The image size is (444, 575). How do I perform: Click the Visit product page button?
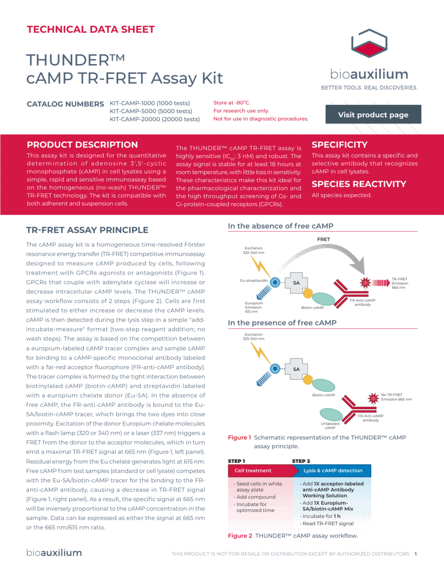click(x=373, y=115)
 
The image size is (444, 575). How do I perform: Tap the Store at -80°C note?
click(x=232, y=103)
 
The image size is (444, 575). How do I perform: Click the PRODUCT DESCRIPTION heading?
click(x=82, y=145)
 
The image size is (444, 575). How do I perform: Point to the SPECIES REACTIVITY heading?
click(x=359, y=184)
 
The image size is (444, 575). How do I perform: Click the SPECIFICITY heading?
click(x=340, y=145)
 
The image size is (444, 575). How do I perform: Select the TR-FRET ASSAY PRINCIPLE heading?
click(x=87, y=230)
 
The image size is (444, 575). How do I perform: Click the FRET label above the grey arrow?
click(x=323, y=239)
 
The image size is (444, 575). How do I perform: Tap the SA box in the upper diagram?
click(x=296, y=283)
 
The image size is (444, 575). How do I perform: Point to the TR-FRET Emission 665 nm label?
click(x=400, y=283)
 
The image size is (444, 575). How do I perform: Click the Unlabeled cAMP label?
click(x=330, y=425)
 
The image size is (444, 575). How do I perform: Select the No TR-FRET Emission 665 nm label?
click(x=396, y=397)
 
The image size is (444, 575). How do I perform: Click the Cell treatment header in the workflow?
click(x=253, y=471)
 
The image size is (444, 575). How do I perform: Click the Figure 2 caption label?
click(x=239, y=536)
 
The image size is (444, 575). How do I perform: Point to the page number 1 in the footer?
click(x=416, y=554)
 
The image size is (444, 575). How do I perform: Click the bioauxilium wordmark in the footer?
click(x=54, y=553)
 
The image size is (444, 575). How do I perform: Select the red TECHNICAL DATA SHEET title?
click(x=91, y=29)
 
